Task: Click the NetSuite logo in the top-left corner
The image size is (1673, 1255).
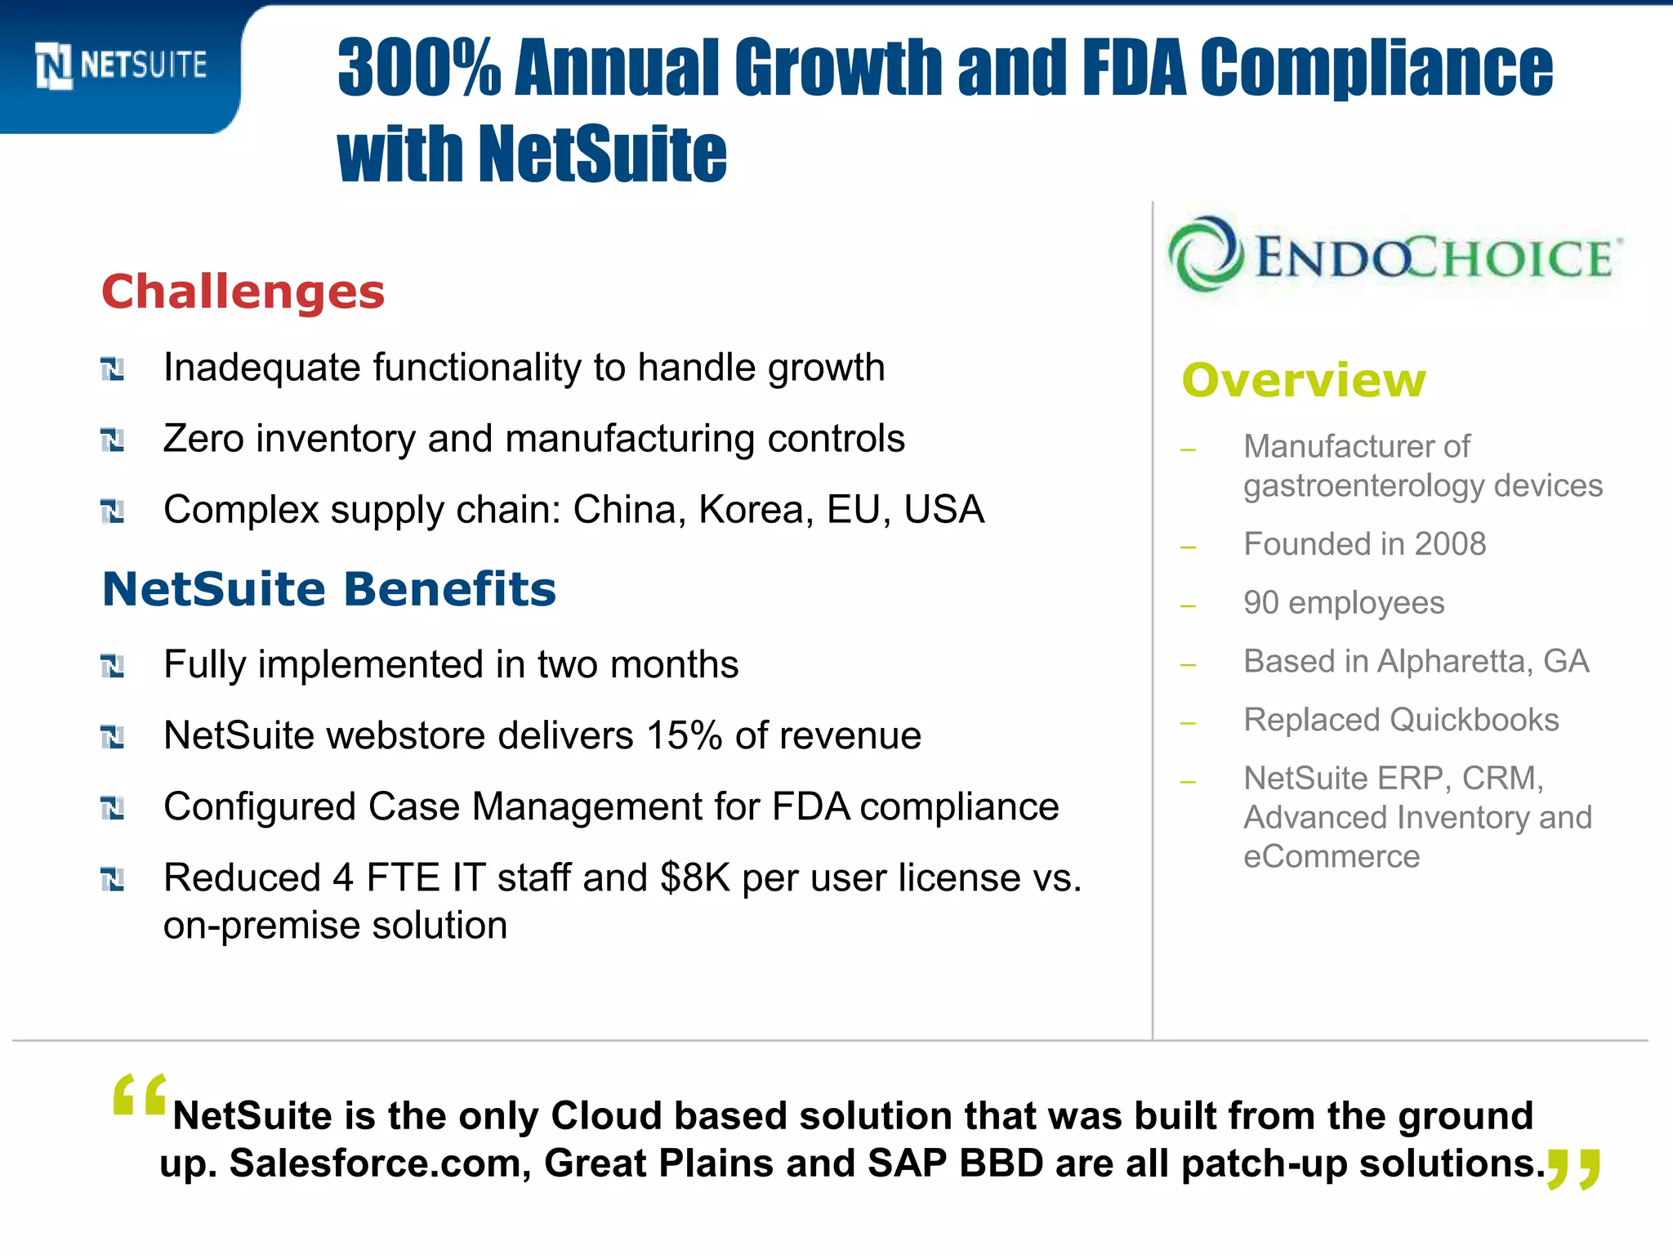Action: pyautogui.click(x=121, y=65)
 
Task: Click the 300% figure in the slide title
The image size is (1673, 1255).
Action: pyautogui.click(x=418, y=69)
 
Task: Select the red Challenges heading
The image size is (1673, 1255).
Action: pyautogui.click(x=243, y=292)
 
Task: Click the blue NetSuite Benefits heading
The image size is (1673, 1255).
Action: pyautogui.click(x=328, y=589)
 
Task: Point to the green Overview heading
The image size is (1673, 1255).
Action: pyautogui.click(x=1304, y=381)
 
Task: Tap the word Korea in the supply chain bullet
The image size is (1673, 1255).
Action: pyautogui.click(x=756, y=510)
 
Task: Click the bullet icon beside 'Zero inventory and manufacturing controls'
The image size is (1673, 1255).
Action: pyautogui.click(x=112, y=440)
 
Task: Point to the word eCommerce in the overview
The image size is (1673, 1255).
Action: pyautogui.click(x=1332, y=856)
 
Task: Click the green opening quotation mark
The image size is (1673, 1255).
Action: pyautogui.click(x=140, y=1095)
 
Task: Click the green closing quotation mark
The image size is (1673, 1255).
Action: pyautogui.click(x=1573, y=1168)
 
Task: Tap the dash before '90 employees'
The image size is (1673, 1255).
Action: pyautogui.click(x=1189, y=606)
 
